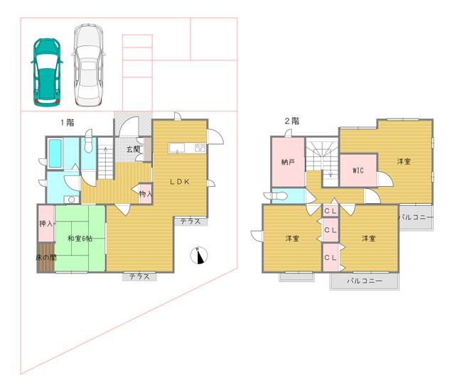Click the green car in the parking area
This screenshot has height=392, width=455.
[x=47, y=72]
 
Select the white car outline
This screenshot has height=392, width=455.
[x=88, y=65]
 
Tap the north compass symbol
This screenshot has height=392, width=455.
[x=199, y=256]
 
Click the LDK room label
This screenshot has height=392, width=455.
[x=180, y=182]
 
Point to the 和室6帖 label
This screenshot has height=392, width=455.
[x=80, y=239]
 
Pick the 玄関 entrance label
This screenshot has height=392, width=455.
[x=133, y=150]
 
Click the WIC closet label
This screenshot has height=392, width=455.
[x=358, y=170]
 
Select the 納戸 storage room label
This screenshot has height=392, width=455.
[x=288, y=162]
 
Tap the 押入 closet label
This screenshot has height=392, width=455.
[x=46, y=224]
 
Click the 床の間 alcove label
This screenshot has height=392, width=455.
[x=46, y=257]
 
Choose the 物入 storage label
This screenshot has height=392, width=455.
[x=146, y=194]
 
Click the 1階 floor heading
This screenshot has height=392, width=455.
[x=68, y=123]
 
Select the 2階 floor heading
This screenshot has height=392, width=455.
[x=292, y=121]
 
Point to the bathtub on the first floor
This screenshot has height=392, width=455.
[x=55, y=153]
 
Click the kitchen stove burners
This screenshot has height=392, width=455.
[x=200, y=148]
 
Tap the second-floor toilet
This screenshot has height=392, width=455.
[x=278, y=196]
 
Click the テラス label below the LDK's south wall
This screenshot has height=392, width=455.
[x=140, y=277]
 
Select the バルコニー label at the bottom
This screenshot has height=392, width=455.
[x=365, y=281]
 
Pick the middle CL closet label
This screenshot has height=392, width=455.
[x=331, y=230]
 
